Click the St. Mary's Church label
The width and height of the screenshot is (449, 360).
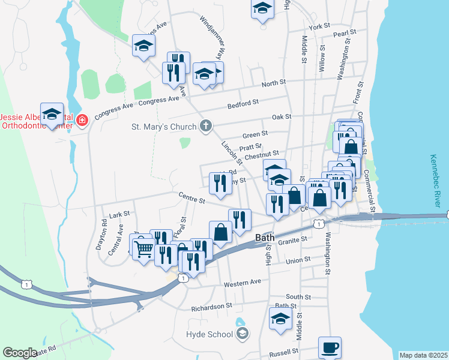(x=164, y=127)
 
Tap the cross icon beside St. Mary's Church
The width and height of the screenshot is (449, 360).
(x=206, y=127)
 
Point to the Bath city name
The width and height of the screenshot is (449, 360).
(x=265, y=237)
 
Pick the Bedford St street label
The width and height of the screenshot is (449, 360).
(x=243, y=103)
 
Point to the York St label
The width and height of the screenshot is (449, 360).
(x=319, y=27)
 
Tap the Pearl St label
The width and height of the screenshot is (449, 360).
(x=345, y=34)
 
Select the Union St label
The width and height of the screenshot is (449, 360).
(x=298, y=260)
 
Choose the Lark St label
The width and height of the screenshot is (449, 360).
(x=120, y=214)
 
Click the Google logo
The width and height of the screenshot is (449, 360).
(x=20, y=353)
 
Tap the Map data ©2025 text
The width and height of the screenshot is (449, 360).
(x=423, y=355)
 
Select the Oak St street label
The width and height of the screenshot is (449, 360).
(x=281, y=117)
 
